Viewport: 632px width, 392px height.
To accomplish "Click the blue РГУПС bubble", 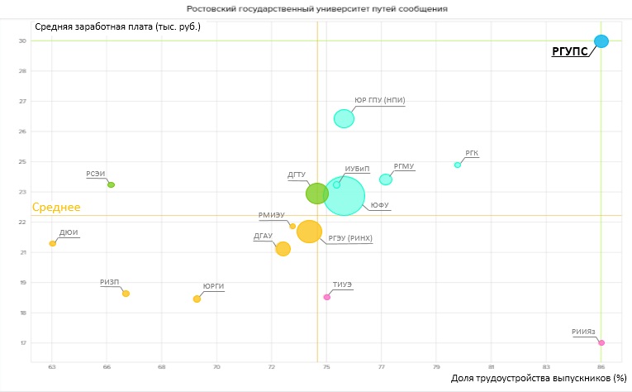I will tap(601, 41).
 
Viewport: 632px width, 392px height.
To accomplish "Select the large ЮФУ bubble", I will tap(345, 196).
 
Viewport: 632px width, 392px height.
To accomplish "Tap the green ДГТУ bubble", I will tap(317, 194).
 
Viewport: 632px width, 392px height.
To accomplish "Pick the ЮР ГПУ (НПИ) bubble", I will tap(344, 118).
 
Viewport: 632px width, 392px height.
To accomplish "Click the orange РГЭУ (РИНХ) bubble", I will tap(309, 232).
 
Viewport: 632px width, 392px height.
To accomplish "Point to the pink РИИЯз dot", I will tap(601, 342).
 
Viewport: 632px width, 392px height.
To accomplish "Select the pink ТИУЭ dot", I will tap(327, 297).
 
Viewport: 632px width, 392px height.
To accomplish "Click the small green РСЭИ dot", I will tap(111, 184).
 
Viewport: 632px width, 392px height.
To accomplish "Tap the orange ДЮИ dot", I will tap(52, 243).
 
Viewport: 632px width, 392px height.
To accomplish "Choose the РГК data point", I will tap(458, 165).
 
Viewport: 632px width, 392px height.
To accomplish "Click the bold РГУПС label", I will tap(570, 52).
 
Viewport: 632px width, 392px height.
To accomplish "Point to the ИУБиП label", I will tap(357, 169).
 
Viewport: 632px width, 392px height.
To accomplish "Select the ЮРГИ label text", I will tap(213, 287).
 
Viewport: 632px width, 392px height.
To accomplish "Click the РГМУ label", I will tap(404, 166).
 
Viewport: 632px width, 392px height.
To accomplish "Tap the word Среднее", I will tap(55, 208).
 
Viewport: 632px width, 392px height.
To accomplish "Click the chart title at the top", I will tap(316, 8).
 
